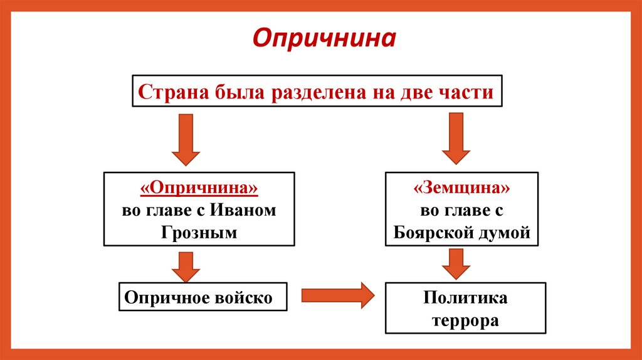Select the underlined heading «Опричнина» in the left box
[x=199, y=189]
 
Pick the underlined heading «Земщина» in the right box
[x=461, y=189]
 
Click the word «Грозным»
[x=199, y=232]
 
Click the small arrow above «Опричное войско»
[x=186, y=267]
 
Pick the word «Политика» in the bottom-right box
[x=465, y=297]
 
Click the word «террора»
[x=465, y=320]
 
